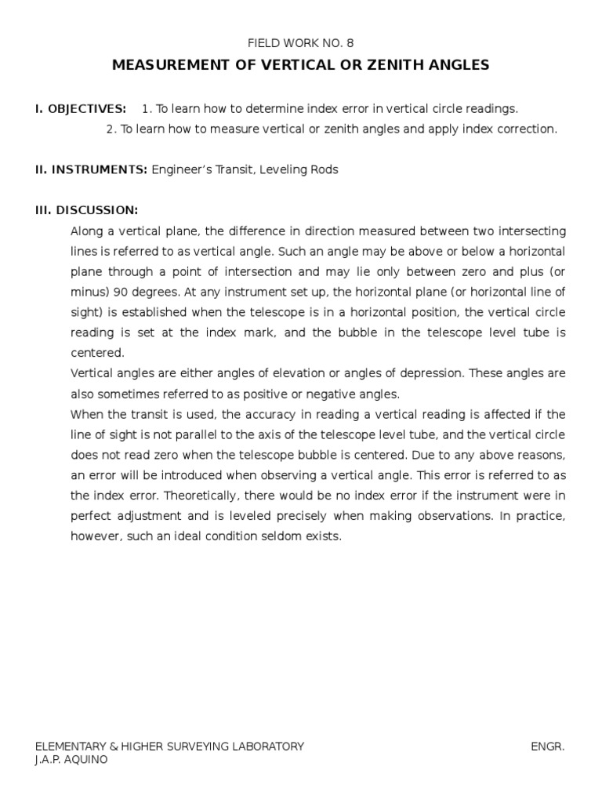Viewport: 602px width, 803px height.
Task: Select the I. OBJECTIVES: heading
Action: pyautogui.click(x=80, y=108)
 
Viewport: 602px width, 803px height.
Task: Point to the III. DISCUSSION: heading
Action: pyautogui.click(x=86, y=211)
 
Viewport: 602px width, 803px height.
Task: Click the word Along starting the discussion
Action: pyautogui.click(x=87, y=231)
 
